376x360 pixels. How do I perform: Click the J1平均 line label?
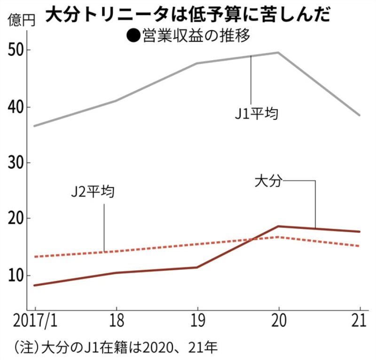(x=256, y=114)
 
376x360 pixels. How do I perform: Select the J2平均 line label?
(x=92, y=193)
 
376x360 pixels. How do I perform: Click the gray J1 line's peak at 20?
(x=279, y=53)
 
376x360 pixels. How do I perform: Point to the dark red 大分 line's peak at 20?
(x=279, y=227)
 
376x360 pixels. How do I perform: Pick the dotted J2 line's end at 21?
(x=359, y=246)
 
